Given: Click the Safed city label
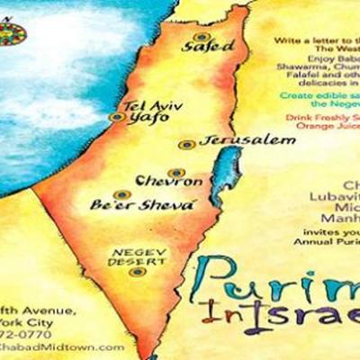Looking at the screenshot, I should click(213, 45).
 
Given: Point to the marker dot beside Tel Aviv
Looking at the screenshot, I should click(114, 116).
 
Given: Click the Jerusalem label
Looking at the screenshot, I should click(235, 141).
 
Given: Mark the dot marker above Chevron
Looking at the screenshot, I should click(175, 171).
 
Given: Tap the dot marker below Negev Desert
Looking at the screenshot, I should click(136, 271).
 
